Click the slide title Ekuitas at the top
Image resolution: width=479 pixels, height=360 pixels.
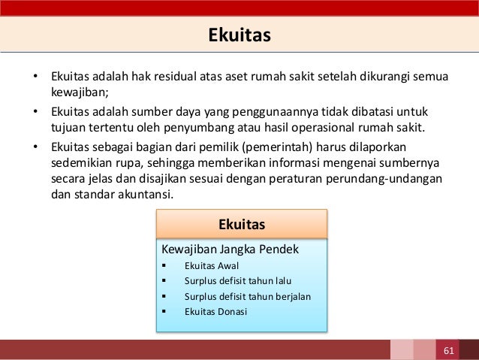tap(239, 35)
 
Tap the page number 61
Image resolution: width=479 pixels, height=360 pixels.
tap(449, 350)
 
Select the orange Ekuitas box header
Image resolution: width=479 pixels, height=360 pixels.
tap(242, 224)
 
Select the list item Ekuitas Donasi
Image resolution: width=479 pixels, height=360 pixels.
tap(215, 311)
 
